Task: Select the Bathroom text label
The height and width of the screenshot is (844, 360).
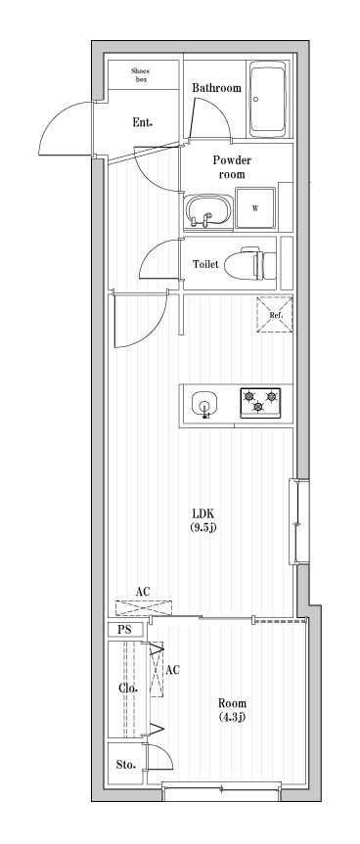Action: point(216,88)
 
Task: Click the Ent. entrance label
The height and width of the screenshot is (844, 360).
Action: point(143,123)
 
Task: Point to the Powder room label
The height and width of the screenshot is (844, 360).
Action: point(232,167)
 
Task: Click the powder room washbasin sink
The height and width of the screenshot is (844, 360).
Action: point(206,208)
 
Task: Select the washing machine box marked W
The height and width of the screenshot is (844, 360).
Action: point(255,207)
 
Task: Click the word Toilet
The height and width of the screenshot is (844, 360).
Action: point(204,264)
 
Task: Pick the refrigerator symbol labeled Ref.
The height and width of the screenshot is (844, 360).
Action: point(275,315)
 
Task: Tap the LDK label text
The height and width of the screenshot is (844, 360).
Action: point(202,513)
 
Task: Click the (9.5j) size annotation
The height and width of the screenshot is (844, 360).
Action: point(202,528)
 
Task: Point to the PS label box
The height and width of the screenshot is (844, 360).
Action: point(124,630)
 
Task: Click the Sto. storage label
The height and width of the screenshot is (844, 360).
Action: point(125,764)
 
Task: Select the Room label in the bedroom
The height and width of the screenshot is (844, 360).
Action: point(232,703)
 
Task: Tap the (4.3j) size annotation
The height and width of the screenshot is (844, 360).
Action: point(232,718)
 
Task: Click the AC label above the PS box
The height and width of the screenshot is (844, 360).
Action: point(143,592)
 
